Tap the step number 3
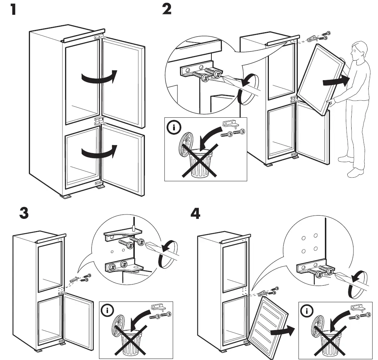click(24, 213)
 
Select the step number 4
click(195, 214)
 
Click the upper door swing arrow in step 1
click(99, 77)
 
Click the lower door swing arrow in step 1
click(99, 152)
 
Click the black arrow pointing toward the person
click(336, 81)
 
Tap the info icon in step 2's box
click(173, 128)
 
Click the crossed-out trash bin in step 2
click(198, 161)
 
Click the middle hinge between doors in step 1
click(98, 121)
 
